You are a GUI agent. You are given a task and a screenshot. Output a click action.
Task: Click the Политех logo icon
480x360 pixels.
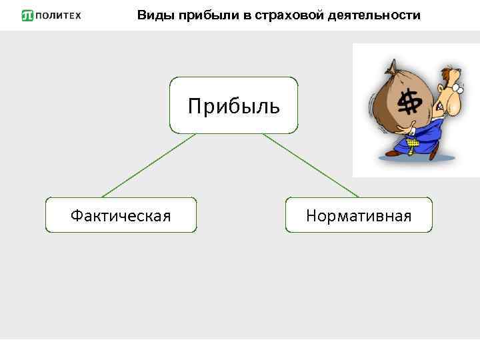27,15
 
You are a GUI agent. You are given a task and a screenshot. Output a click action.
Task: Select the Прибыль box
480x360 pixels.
233,105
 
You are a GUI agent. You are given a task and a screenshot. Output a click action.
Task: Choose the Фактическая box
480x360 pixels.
121,215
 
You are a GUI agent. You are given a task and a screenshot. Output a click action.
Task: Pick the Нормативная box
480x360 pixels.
359,215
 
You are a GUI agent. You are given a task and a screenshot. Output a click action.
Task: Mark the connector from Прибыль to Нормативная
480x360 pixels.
310,165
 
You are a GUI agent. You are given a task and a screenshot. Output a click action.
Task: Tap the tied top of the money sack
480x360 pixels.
394,66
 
